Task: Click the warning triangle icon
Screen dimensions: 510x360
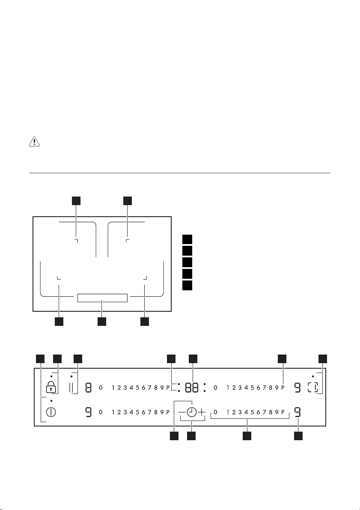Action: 34,142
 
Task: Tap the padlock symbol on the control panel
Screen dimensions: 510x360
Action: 51,387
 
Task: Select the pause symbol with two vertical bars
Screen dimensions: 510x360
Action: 71,388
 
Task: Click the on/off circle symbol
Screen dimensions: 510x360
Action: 51,413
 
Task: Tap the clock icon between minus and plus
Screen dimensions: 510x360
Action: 192,412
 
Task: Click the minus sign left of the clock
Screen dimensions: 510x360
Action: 182,412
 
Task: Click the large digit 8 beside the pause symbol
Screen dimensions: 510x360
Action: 88,388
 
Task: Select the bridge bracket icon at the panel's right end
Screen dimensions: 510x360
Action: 313,388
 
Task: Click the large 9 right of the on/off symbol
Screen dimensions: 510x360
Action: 88,413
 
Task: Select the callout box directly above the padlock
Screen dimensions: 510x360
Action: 57,358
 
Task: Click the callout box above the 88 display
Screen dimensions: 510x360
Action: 192,358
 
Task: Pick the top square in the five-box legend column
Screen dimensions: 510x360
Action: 186,239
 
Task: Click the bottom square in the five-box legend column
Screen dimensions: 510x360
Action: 186,285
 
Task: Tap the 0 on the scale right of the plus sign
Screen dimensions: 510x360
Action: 215,412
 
